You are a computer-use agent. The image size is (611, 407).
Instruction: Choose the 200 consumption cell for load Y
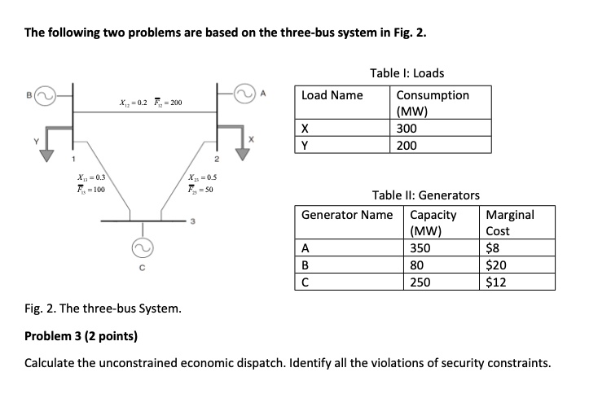pyautogui.click(x=407, y=146)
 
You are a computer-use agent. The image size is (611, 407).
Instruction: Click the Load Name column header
pyautogui.click(x=332, y=95)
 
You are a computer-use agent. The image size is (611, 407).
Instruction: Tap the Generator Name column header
pyautogui.click(x=347, y=216)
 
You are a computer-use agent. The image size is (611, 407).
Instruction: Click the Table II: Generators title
pyautogui.click(x=425, y=195)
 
